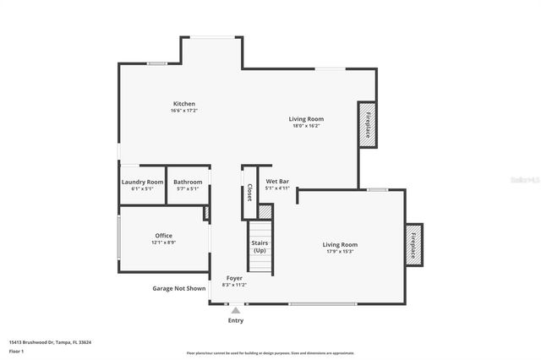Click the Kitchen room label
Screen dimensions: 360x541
tap(184, 104)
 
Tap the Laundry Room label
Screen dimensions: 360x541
tap(142, 182)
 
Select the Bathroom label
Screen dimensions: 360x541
tap(188, 182)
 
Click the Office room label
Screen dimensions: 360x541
tap(163, 235)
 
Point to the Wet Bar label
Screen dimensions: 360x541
tap(277, 182)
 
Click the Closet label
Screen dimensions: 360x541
tap(249, 192)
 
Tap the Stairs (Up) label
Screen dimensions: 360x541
tap(260, 247)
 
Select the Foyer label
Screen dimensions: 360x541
tap(233, 278)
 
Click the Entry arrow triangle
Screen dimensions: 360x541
tap(236, 310)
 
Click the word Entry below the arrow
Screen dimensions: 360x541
tap(236, 320)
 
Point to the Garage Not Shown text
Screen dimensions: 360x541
tap(178, 288)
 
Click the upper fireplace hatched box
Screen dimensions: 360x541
tap(368, 124)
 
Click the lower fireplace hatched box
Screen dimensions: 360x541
tap(413, 245)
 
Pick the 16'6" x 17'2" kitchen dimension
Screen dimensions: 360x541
tap(184, 111)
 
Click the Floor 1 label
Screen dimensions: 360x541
tap(17, 350)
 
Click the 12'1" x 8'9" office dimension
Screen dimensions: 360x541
tap(163, 243)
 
